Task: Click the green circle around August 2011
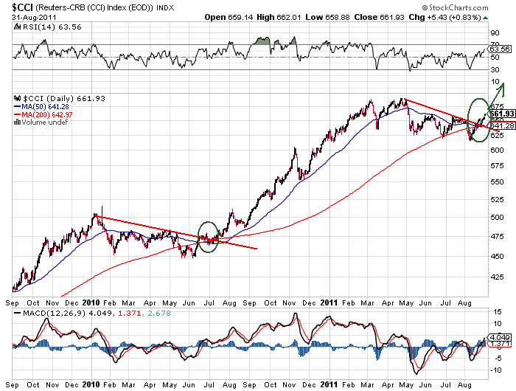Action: tap(478, 114)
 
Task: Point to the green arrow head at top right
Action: tap(502, 88)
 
